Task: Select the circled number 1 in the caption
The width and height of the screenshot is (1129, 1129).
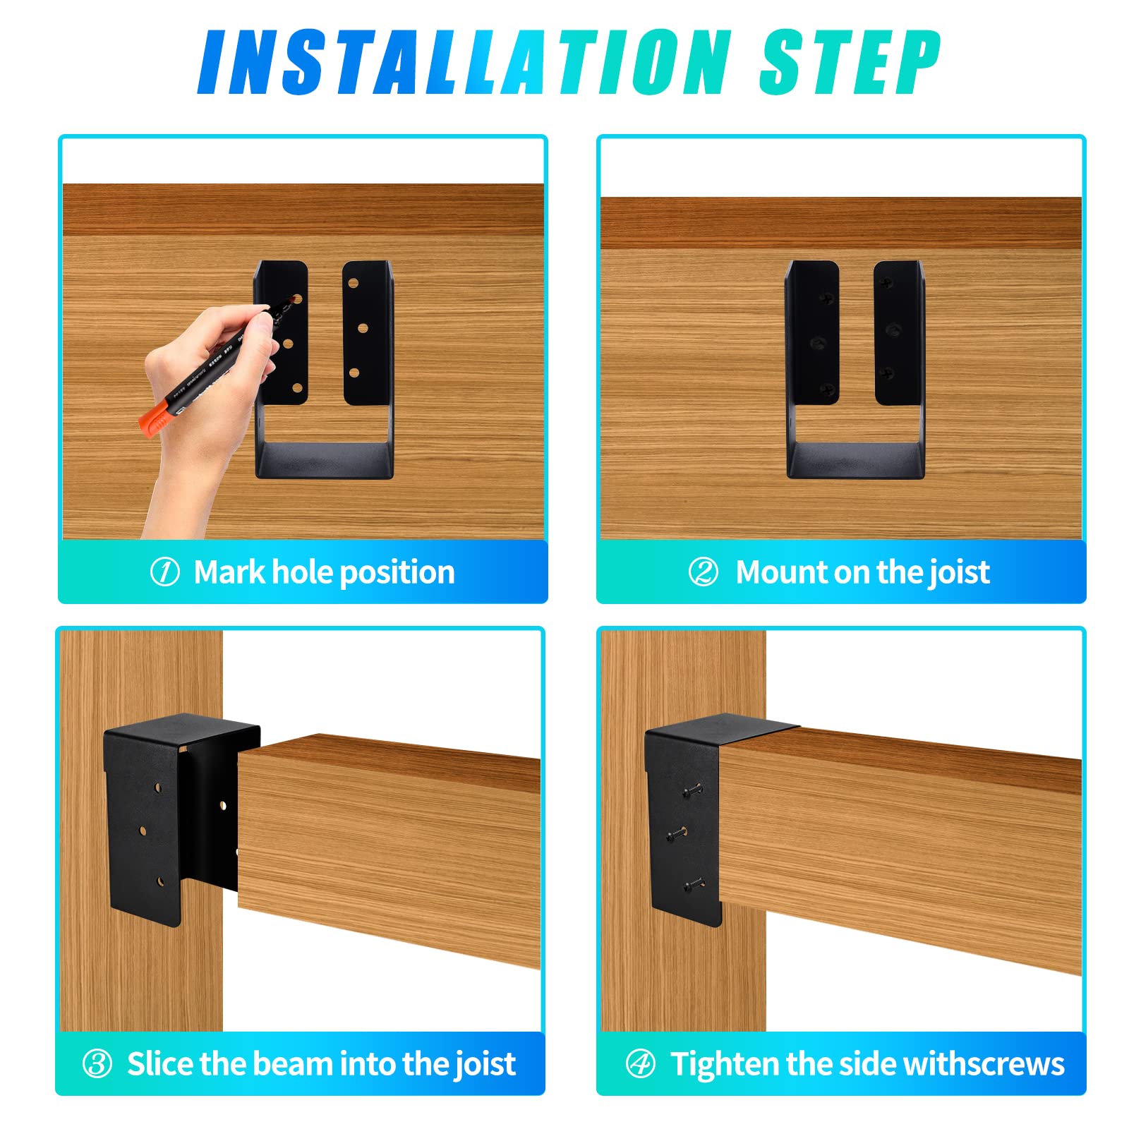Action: pos(164,572)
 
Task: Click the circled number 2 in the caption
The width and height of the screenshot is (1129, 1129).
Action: pos(703,572)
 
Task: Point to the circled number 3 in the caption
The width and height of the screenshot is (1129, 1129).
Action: pos(97,1063)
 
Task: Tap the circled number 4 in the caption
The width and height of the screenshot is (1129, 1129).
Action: pos(640,1063)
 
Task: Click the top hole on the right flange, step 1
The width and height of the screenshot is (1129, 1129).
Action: pos(354,284)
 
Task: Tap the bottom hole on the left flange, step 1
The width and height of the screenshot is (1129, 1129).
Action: pos(297,387)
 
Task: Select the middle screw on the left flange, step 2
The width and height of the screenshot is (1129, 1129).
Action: pos(819,344)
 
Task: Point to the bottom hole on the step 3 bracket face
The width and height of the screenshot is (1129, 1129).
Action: pos(160,881)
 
